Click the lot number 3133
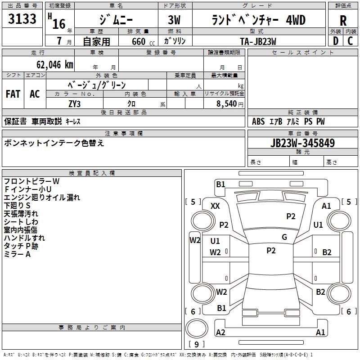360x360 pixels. point(22,20)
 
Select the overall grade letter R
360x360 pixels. point(343,21)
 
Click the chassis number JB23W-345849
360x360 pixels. point(302,144)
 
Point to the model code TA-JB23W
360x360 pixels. point(258,40)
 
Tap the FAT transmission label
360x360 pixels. point(13,94)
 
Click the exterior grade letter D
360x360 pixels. point(335,41)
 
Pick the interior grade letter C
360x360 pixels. point(350,41)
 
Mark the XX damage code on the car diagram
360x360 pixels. point(215,206)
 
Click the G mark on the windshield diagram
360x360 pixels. point(284,237)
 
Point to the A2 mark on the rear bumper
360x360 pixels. point(220,332)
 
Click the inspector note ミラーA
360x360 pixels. point(18,254)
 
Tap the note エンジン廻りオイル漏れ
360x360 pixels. point(42,198)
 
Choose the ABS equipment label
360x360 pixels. point(258,121)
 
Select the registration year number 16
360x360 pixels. point(59,23)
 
